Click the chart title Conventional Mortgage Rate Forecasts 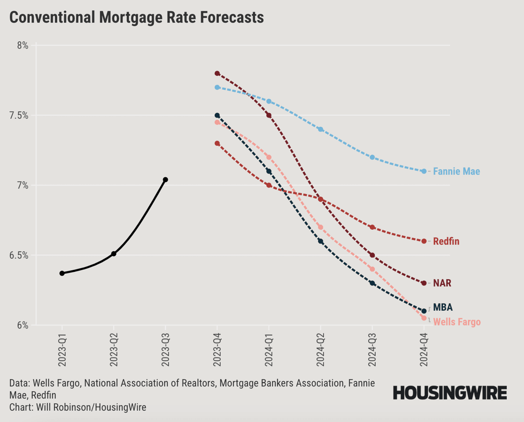tap(137, 17)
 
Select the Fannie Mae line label tap(456, 171)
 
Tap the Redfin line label tap(446, 241)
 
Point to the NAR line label tap(442, 283)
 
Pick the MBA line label tap(443, 307)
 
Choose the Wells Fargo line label tap(457, 322)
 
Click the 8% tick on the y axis tap(22, 45)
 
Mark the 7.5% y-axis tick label tap(19, 116)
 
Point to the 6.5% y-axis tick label tap(19, 255)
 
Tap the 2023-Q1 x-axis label tap(62, 351)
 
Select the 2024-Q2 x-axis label tap(320, 351)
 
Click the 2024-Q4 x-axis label tap(424, 351)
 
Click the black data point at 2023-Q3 tap(165, 180)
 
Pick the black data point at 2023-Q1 tap(62, 273)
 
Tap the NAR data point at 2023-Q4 tap(217, 73)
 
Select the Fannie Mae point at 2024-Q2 tap(320, 129)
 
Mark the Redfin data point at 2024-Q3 tap(372, 227)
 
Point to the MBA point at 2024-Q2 tap(320, 241)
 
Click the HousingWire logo tap(450, 393)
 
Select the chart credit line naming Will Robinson tap(78, 407)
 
